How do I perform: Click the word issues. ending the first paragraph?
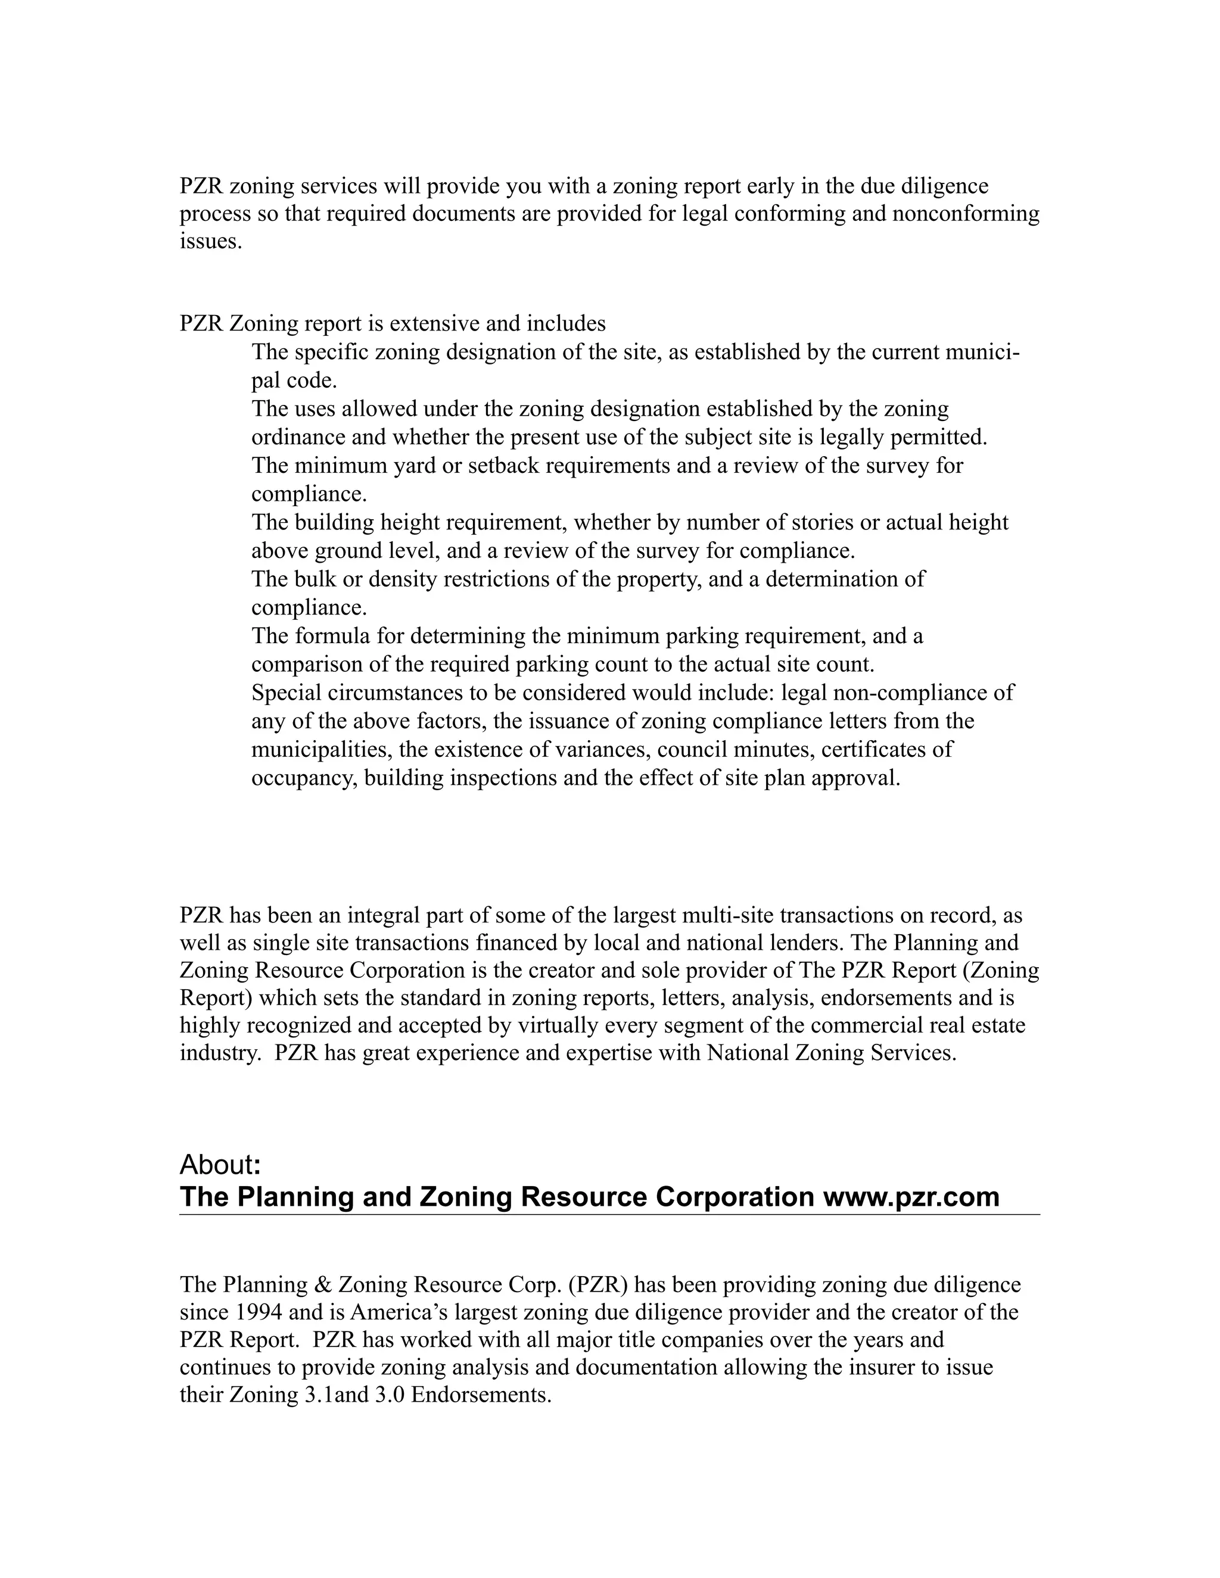tap(210, 241)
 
